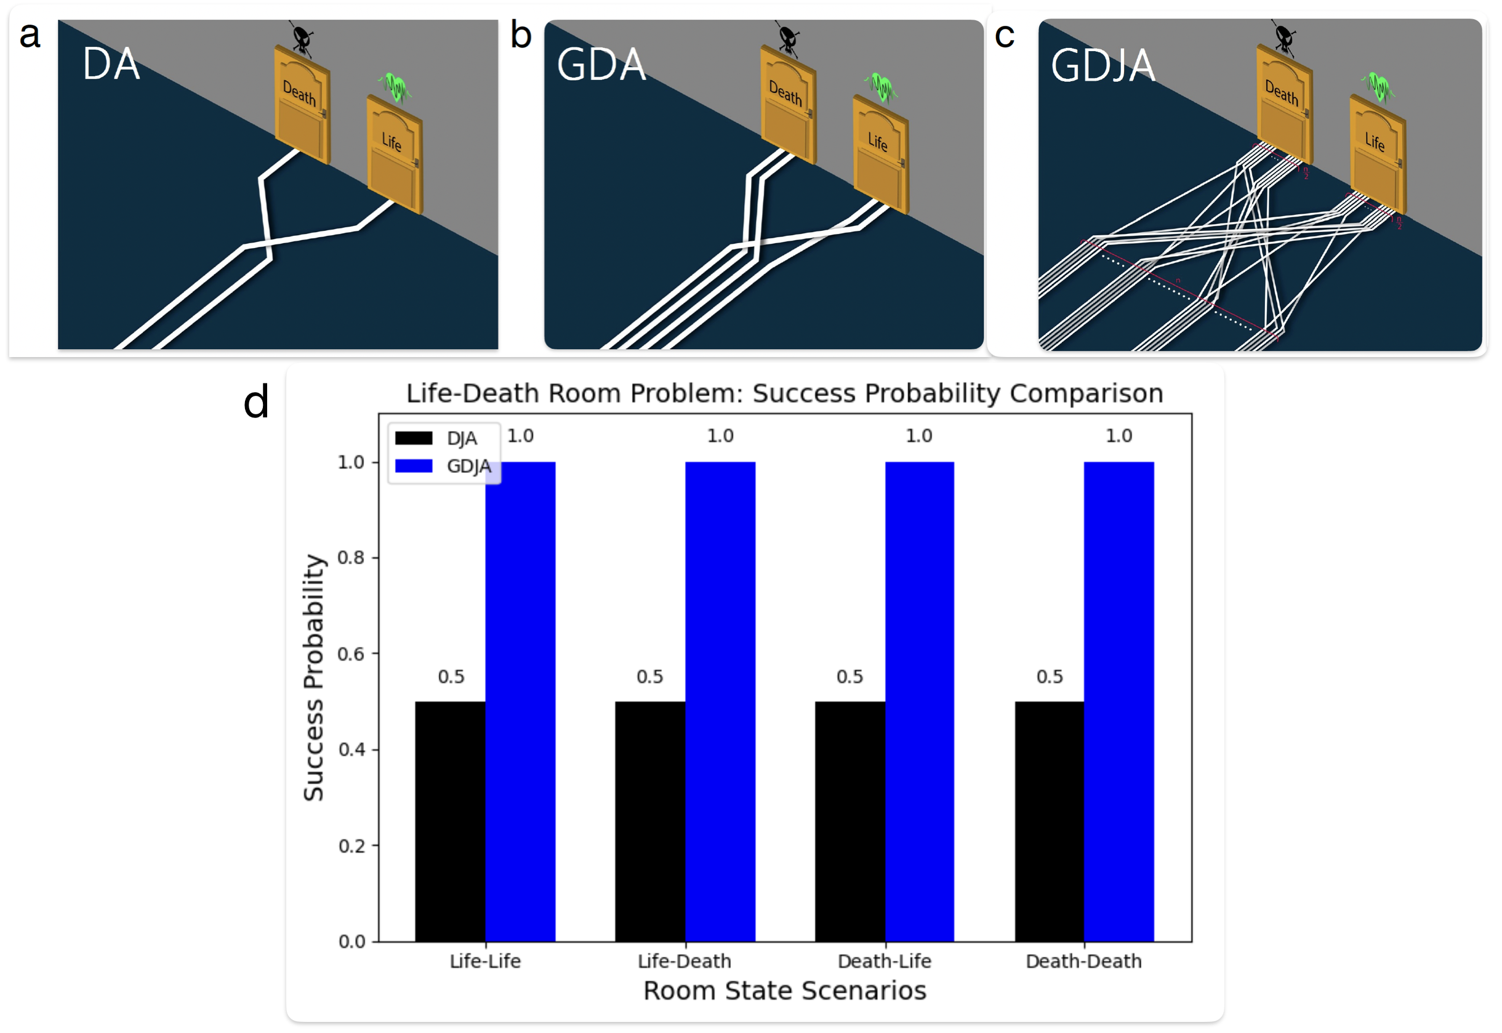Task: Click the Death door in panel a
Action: coord(302,105)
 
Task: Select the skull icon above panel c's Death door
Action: coord(1284,38)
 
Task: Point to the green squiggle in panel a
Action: coord(396,87)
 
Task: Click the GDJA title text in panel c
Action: coord(1102,65)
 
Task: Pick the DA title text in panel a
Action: coord(111,64)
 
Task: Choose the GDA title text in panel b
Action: coord(601,65)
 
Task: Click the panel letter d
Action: coord(256,403)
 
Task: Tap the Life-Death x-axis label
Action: coord(685,961)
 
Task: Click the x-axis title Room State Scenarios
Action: coord(784,991)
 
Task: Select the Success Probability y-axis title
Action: coord(313,678)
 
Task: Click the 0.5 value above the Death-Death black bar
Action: coord(1050,677)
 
